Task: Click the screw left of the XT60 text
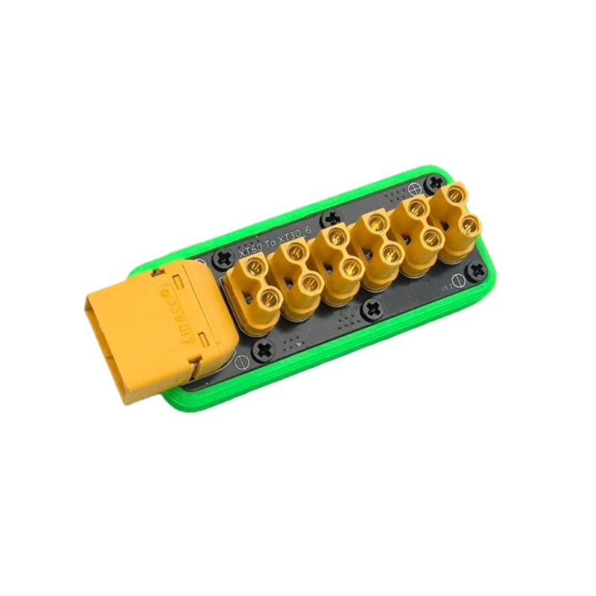222,259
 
